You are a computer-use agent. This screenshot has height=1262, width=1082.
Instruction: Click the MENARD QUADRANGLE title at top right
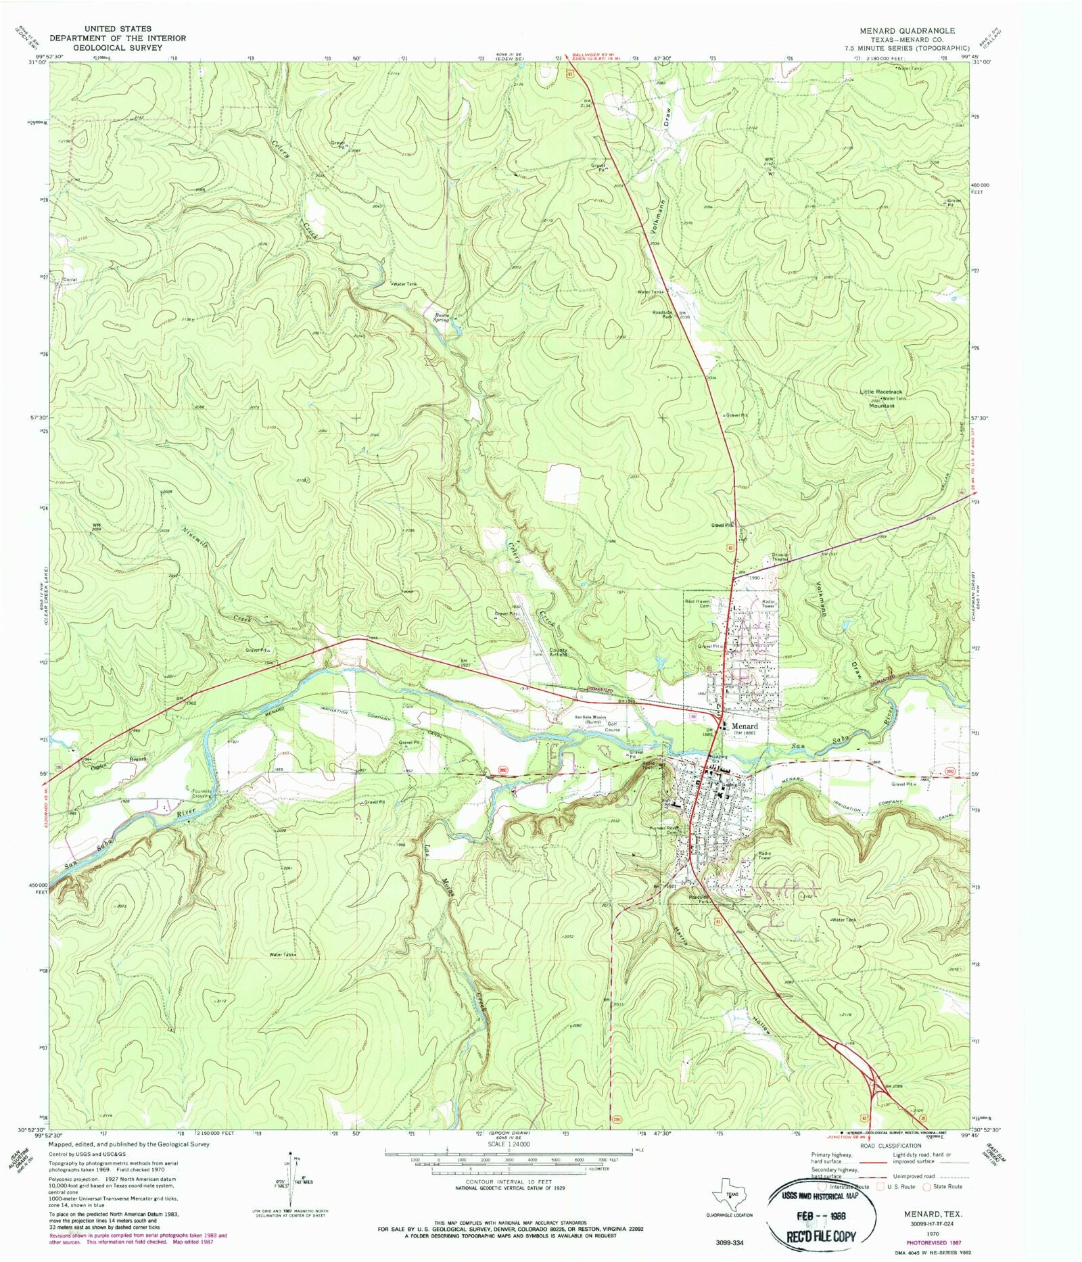pyautogui.click(x=907, y=31)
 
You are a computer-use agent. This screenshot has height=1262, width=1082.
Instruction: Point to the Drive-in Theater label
pyautogui.click(x=780, y=557)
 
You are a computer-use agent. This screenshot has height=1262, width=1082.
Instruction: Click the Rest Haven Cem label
pyautogui.click(x=699, y=603)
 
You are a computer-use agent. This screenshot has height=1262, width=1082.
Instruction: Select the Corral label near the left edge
pyautogui.click(x=70, y=279)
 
